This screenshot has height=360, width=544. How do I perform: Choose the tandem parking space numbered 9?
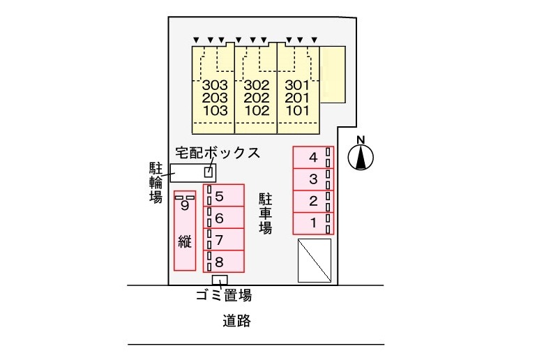(x=184, y=230)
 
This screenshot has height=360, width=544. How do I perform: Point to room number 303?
(x=215, y=86)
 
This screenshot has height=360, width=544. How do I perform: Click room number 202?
(x=257, y=98)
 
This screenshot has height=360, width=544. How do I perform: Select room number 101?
(x=298, y=110)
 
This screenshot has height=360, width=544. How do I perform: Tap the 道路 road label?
(x=236, y=322)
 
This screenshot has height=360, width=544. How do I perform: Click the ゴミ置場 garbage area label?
(x=223, y=296)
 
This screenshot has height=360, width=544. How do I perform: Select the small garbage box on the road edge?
(x=220, y=280)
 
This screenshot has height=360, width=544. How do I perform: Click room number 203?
(x=215, y=98)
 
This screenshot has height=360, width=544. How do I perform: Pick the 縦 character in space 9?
(x=184, y=243)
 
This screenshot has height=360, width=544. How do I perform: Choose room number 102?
(x=257, y=110)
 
